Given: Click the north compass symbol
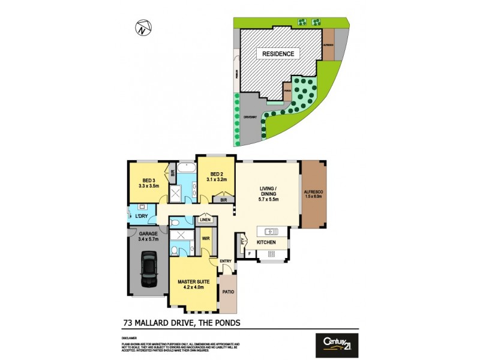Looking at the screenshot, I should pyautogui.click(x=142, y=27).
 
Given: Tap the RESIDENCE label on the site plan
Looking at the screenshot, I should pyautogui.click(x=278, y=54).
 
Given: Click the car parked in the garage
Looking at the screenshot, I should pyautogui.click(x=148, y=269).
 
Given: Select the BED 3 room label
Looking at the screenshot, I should pyautogui.click(x=150, y=181).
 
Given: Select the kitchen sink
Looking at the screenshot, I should pyautogui.click(x=270, y=231).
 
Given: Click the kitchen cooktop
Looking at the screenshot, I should pyautogui.click(x=270, y=254).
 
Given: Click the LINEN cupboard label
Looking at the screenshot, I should pyautogui.click(x=205, y=220).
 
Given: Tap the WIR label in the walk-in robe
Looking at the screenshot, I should pyautogui.click(x=205, y=238).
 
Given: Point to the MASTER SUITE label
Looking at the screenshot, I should pyautogui.click(x=192, y=281).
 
